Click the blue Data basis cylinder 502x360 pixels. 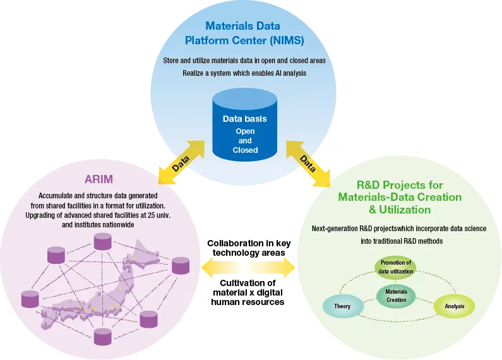pyautogui.click(x=244, y=126)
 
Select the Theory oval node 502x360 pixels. pyautogui.click(x=343, y=306)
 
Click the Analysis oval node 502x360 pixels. pyautogui.click(x=454, y=306)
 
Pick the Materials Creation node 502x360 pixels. pyautogui.click(x=396, y=296)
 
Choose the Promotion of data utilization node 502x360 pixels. pyautogui.click(x=396, y=267)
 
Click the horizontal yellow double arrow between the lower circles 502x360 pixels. pyautogui.click(x=248, y=269)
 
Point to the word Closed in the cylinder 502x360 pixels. pyautogui.click(x=245, y=150)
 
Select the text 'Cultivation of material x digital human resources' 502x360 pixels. pyautogui.click(x=248, y=292)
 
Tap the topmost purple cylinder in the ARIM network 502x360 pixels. pyautogui.click(x=102, y=241)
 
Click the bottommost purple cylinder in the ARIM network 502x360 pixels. pyautogui.click(x=102, y=335)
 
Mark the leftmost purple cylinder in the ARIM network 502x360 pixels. pyautogui.click(x=30, y=299)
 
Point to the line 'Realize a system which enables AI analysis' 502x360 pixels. pyautogui.click(x=244, y=73)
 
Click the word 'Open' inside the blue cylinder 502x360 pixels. pyautogui.click(x=245, y=131)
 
